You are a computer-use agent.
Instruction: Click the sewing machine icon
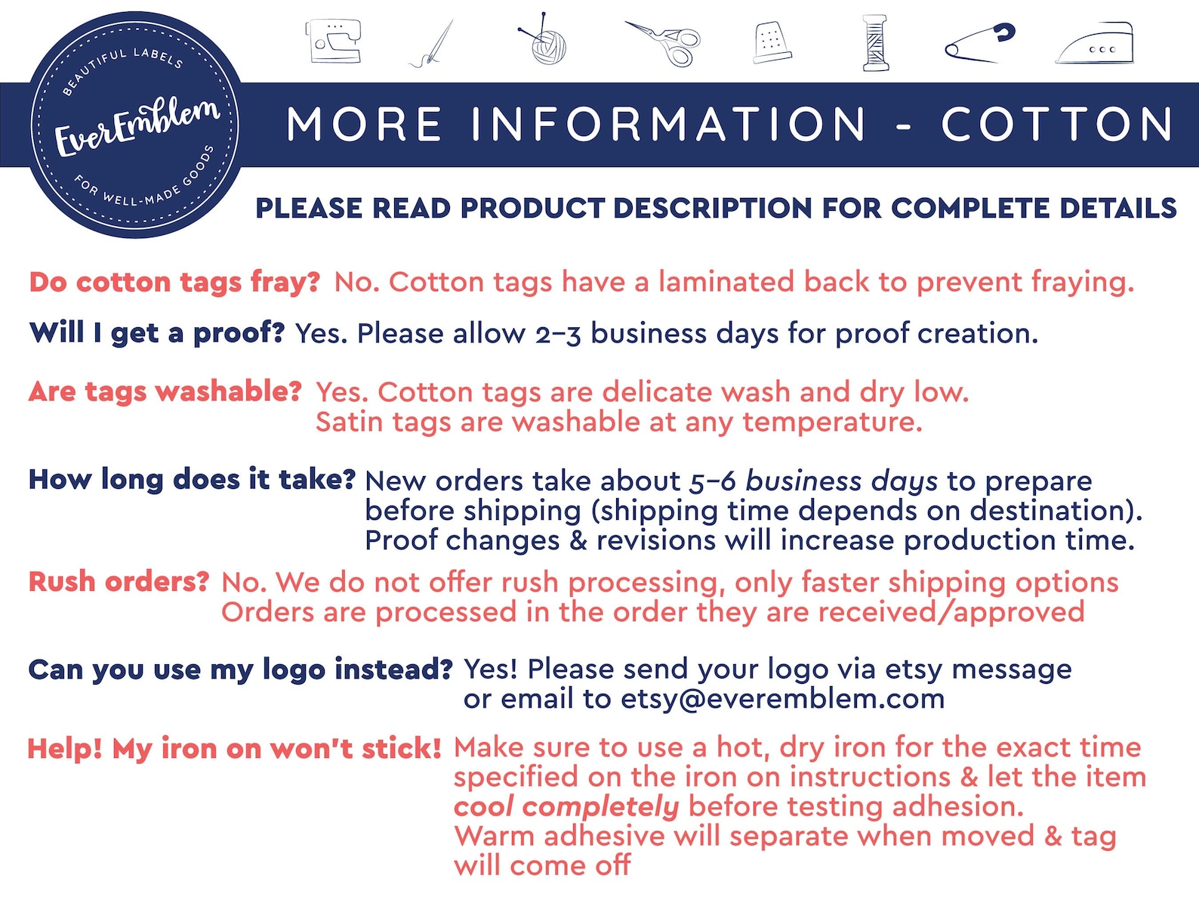[x=333, y=41]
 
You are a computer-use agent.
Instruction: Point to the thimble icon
[x=772, y=42]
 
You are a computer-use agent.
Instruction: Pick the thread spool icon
[x=875, y=43]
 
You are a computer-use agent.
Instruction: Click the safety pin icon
[x=980, y=43]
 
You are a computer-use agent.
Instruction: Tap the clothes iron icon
[x=1096, y=44]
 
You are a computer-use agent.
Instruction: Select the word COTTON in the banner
[x=1057, y=125]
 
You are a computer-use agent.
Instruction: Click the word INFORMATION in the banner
[x=669, y=125]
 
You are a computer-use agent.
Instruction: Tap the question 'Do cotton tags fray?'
[x=174, y=282]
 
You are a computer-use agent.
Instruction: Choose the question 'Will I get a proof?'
[x=156, y=332]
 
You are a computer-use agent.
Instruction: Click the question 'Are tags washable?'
[x=165, y=391]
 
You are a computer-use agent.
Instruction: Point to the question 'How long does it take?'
[x=192, y=479]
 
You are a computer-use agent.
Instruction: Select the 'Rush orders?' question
[x=119, y=582]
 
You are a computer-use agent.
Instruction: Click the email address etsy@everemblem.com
[x=782, y=699]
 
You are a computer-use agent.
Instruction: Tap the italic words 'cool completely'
[x=566, y=806]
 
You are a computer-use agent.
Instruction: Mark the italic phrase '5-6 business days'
[x=813, y=481]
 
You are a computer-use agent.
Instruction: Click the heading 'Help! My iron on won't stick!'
[x=234, y=749]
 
